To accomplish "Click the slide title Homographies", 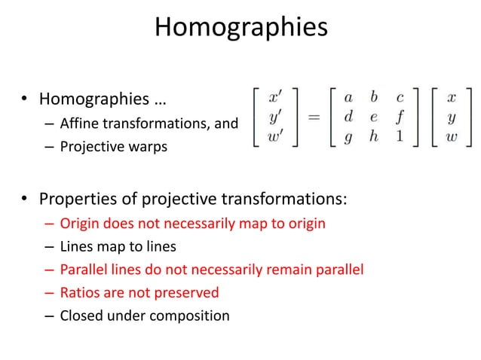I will [x=240, y=29].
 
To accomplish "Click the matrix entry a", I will [x=348, y=98].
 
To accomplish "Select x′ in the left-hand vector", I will [x=277, y=98].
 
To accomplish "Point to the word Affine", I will [x=78, y=124].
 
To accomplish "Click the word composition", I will [x=195, y=316].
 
